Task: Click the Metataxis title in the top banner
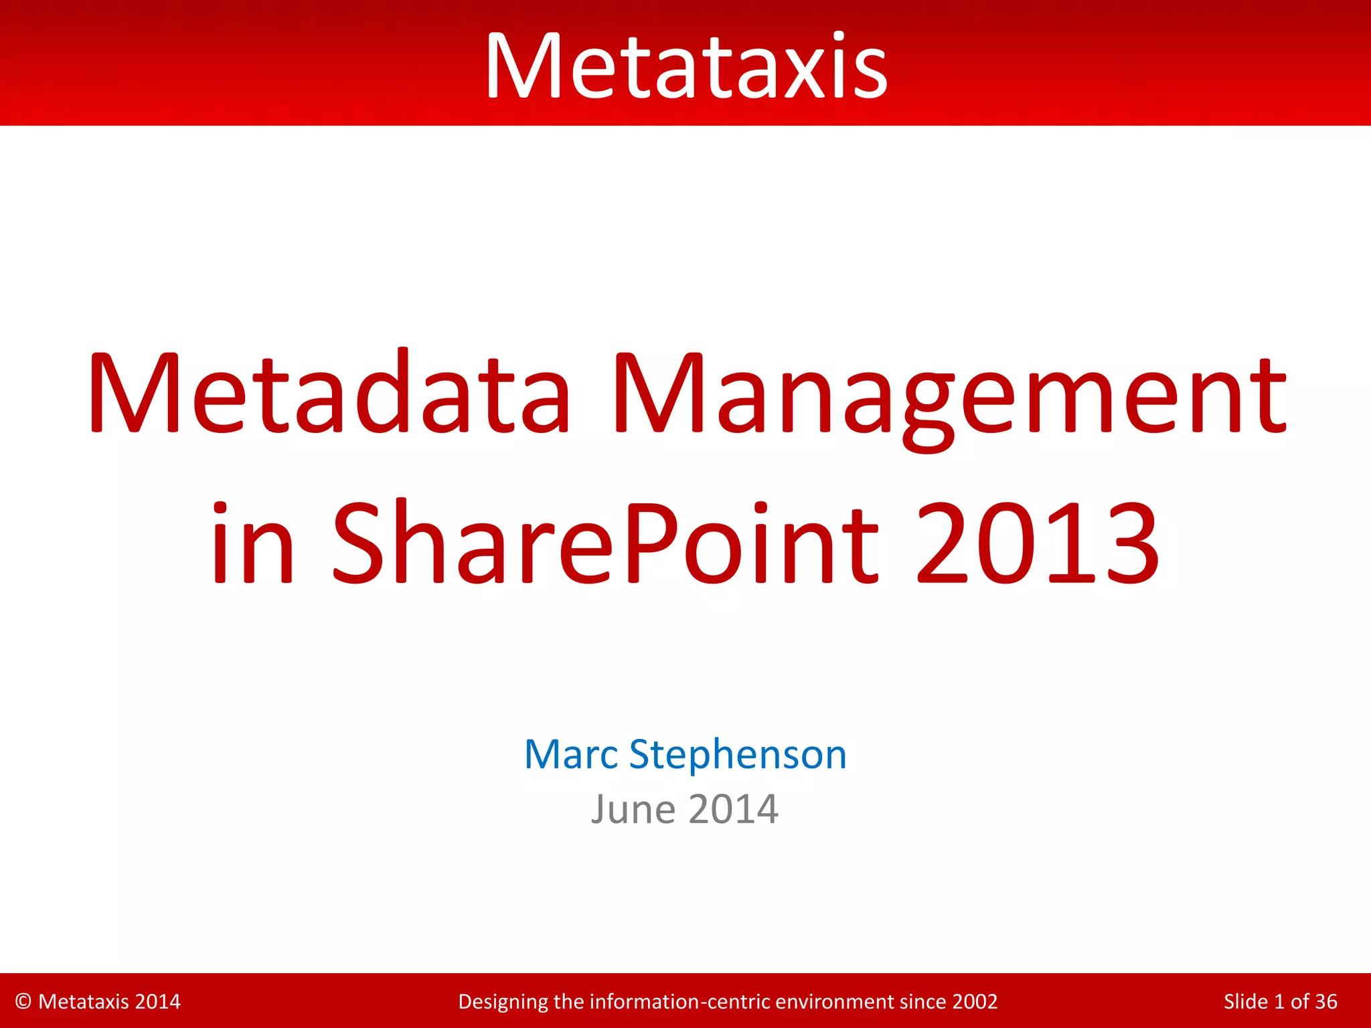(685, 67)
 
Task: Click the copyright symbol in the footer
(23, 1001)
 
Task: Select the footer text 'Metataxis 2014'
(109, 1001)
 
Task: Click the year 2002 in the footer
(975, 1001)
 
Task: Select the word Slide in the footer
(1244, 1001)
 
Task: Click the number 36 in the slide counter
(1325, 1001)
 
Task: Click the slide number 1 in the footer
(1279, 1001)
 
